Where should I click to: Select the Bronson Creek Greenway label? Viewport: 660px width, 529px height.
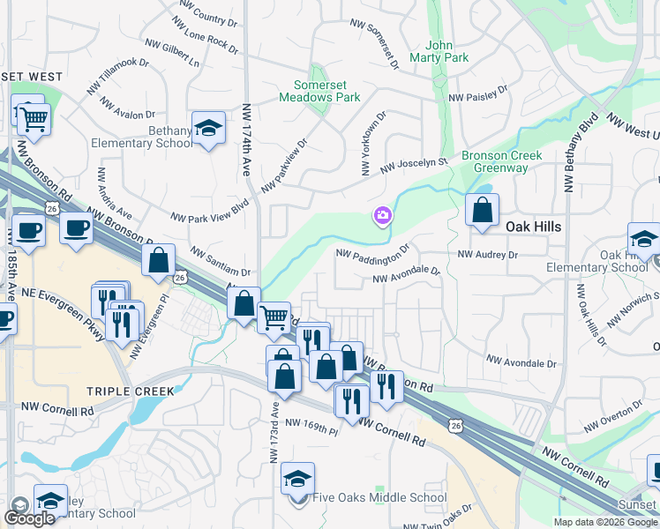pyautogui.click(x=501, y=161)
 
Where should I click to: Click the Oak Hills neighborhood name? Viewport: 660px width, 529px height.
pyautogui.click(x=533, y=227)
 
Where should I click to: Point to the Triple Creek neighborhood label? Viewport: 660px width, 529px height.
pyautogui.click(x=131, y=391)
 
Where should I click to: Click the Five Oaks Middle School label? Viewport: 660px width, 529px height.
pyautogui.click(x=379, y=497)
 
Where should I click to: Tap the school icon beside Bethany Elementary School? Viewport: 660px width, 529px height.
pyautogui.click(x=209, y=130)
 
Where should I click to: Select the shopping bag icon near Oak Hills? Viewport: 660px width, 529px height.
pyautogui.click(x=482, y=211)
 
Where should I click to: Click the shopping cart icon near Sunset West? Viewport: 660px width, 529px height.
pyautogui.click(x=34, y=118)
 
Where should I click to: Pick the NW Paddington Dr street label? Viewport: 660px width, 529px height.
pyautogui.click(x=374, y=251)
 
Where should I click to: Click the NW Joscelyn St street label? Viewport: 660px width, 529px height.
pyautogui.click(x=415, y=164)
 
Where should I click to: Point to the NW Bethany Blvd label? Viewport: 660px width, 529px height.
pyautogui.click(x=569, y=159)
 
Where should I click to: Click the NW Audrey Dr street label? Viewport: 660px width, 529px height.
pyautogui.click(x=487, y=254)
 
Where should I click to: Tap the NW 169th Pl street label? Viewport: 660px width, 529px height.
pyautogui.click(x=311, y=428)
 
